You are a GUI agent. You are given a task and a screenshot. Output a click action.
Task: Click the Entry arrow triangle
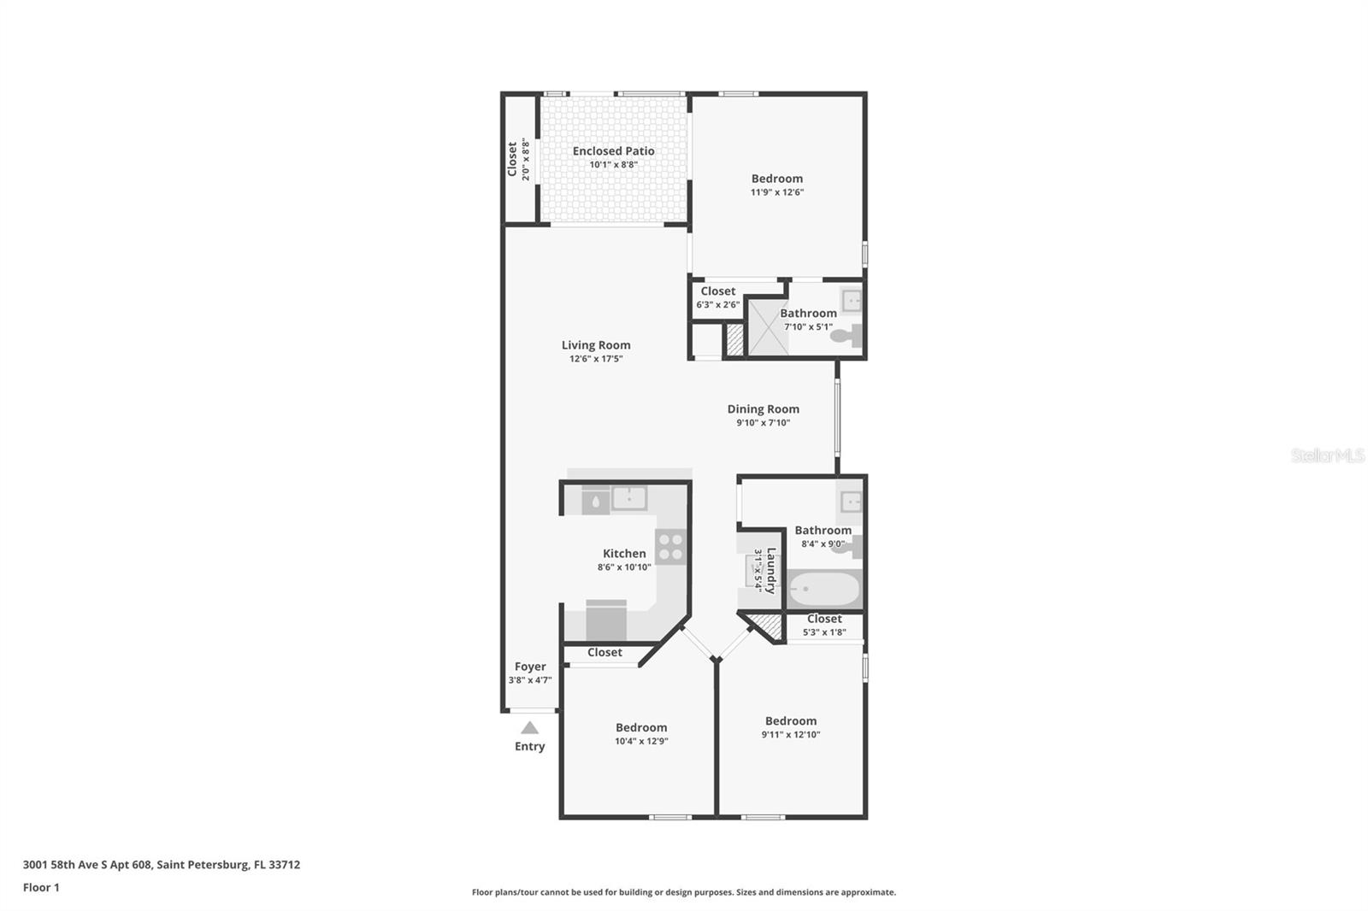click(x=529, y=728)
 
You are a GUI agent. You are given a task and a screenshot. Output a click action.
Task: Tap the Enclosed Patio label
click(x=613, y=151)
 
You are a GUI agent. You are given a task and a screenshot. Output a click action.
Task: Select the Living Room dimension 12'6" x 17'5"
click(x=596, y=359)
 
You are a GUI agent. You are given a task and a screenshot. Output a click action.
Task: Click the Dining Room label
click(x=763, y=409)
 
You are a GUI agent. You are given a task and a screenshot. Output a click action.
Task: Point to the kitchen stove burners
click(x=671, y=546)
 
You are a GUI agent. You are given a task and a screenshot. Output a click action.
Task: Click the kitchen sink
click(x=628, y=498)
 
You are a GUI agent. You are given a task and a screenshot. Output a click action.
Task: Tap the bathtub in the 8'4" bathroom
click(x=823, y=589)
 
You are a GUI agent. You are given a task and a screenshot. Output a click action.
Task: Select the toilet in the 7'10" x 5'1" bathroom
click(x=846, y=336)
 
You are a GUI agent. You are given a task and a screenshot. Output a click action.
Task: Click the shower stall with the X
click(x=767, y=326)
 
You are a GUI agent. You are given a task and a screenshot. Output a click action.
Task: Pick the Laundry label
click(x=771, y=570)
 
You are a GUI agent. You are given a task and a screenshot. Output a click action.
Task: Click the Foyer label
click(x=530, y=667)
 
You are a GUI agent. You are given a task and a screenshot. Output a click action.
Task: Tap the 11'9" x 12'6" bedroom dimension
click(x=776, y=192)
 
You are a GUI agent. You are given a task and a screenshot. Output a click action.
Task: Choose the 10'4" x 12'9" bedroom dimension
click(x=641, y=741)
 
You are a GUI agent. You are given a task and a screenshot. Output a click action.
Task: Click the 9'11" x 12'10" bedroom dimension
click(x=791, y=734)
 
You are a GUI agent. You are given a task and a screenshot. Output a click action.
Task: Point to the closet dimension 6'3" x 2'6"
click(x=717, y=304)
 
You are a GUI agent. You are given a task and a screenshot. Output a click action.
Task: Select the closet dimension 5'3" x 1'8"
click(x=824, y=632)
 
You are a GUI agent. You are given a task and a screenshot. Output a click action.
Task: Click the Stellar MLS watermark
click(x=1327, y=455)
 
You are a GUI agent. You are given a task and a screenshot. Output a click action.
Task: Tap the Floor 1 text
click(x=41, y=887)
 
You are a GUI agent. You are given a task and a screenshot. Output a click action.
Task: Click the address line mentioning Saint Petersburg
click(x=162, y=864)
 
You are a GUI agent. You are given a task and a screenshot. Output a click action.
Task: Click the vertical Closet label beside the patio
click(x=512, y=159)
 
